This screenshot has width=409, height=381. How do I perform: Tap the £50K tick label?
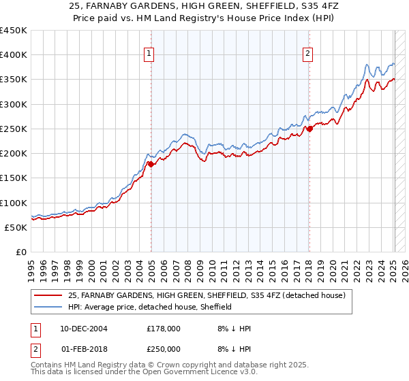16,227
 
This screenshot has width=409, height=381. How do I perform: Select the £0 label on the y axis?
21,252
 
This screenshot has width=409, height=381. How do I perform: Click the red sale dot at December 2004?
151,164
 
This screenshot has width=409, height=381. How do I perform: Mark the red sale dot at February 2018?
309,129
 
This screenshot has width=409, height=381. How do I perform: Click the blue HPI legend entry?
150,307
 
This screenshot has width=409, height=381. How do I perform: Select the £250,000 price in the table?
164,348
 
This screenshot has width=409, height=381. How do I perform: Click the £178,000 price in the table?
164,329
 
